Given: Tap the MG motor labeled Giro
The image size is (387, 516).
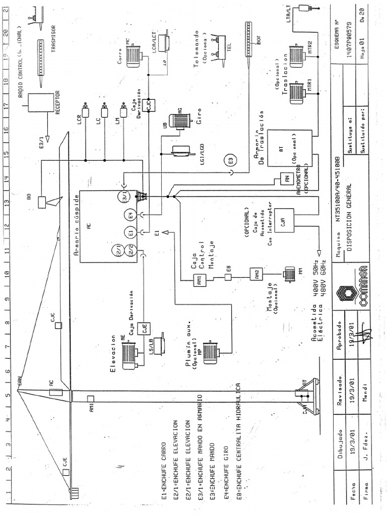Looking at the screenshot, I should [x=179, y=119].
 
